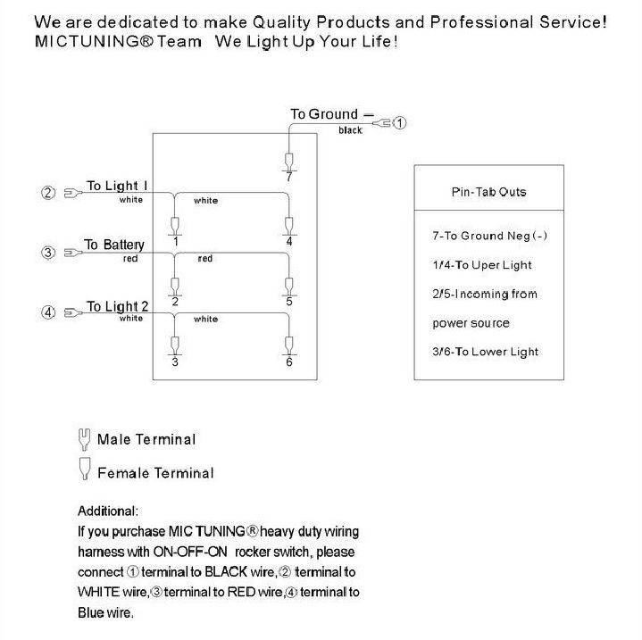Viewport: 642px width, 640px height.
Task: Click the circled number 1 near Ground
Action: [x=400, y=123]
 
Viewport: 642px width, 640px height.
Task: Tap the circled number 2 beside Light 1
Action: [x=48, y=192]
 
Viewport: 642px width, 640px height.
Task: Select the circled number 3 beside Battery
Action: [x=48, y=253]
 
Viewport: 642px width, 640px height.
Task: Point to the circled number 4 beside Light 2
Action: [x=48, y=312]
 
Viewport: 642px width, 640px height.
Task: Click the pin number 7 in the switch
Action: [x=288, y=178]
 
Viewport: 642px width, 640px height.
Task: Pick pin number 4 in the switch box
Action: [x=289, y=242]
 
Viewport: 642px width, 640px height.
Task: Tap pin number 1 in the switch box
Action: [x=175, y=242]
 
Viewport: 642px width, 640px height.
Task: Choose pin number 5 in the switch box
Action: [x=289, y=302]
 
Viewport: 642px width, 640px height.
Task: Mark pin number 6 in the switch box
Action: [x=289, y=362]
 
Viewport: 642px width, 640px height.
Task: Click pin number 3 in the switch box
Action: [x=175, y=362]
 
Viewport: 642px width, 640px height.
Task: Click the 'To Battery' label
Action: [x=114, y=245]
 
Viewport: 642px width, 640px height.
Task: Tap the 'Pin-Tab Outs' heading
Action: [x=488, y=192]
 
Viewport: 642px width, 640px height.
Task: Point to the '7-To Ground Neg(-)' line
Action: [x=488, y=236]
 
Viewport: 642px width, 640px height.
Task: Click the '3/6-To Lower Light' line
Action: [x=485, y=352]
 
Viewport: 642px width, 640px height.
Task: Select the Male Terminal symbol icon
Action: [x=85, y=438]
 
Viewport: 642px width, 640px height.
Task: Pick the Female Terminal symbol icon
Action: [x=85, y=469]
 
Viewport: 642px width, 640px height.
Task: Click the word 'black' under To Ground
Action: [x=350, y=131]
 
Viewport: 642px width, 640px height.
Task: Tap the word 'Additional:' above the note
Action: [x=108, y=511]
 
